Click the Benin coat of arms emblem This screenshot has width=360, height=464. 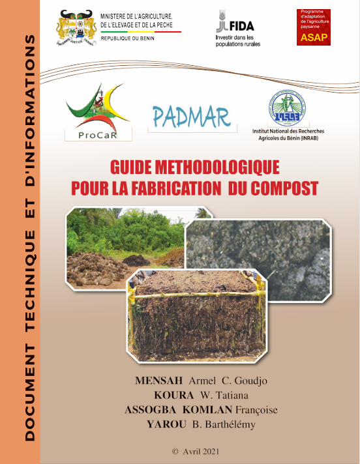(76, 27)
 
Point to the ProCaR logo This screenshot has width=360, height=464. (98, 112)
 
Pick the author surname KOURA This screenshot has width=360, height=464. (174, 396)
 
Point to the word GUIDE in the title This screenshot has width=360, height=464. (127, 168)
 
